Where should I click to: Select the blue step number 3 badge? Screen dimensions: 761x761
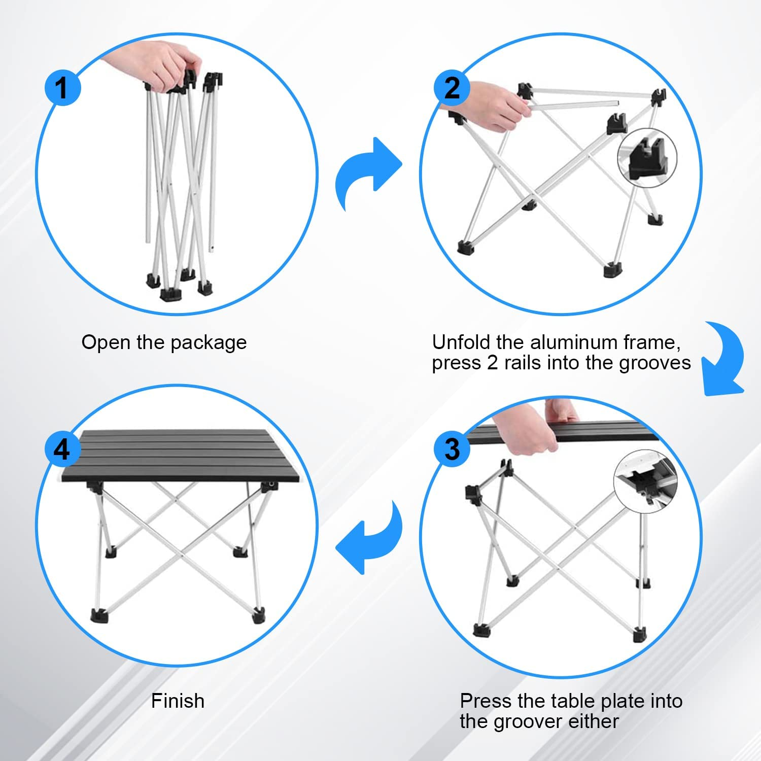452,448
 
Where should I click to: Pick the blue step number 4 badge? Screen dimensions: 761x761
62,448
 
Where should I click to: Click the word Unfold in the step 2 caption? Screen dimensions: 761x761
462,342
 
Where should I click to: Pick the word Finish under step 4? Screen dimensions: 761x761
178,701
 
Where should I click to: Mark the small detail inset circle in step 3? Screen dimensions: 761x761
645,482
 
